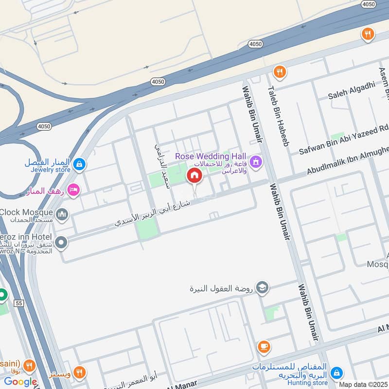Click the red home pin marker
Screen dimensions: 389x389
[x=194, y=176]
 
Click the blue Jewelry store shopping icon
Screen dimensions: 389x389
[x=80, y=165]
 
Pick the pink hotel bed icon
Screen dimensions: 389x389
[x=73, y=190]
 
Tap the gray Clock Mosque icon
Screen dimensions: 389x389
[x=62, y=214]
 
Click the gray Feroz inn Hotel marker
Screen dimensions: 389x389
[x=61, y=242]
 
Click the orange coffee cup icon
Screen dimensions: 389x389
[x=264, y=347]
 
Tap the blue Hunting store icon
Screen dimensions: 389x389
[x=336, y=373]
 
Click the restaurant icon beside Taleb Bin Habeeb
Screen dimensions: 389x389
[x=279, y=72]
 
